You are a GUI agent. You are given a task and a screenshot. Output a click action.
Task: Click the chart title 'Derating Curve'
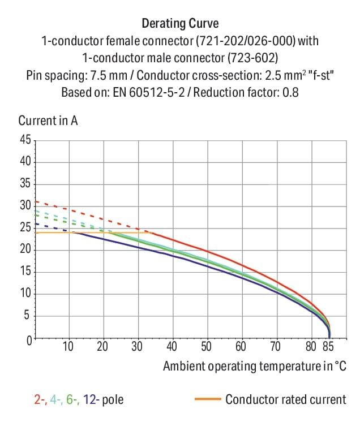click(x=180, y=24)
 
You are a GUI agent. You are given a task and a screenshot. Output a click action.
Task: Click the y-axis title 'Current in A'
click(x=48, y=120)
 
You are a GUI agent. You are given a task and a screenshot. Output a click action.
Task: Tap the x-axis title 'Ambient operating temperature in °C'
click(x=254, y=366)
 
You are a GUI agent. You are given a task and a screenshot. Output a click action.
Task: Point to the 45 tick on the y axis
click(x=26, y=140)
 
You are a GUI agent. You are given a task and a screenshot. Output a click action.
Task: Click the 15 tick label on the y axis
click(x=26, y=272)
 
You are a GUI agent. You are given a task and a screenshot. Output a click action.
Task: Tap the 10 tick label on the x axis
click(x=68, y=347)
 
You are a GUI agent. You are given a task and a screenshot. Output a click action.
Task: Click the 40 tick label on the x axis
click(x=172, y=347)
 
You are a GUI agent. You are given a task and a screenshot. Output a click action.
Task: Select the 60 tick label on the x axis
click(x=241, y=347)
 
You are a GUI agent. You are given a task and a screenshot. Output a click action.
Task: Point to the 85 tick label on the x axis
click(x=328, y=347)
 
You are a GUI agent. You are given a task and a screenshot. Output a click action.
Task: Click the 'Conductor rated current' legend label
click(x=285, y=400)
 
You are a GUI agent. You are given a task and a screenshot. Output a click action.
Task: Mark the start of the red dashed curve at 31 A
click(x=36, y=201)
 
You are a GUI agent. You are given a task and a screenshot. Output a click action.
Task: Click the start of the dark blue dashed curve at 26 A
click(x=36, y=223)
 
